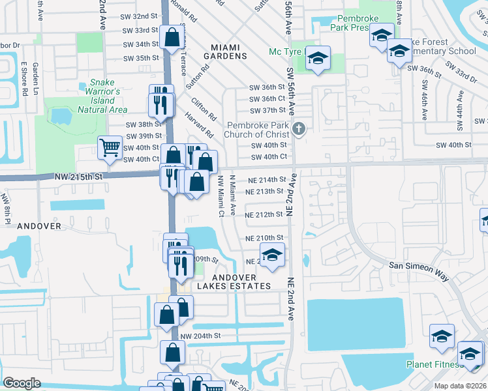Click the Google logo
click(22, 383)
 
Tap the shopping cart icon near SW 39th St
click(110, 148)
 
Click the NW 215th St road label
click(78, 177)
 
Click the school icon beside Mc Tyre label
click(318, 58)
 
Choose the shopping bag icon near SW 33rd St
click(172, 38)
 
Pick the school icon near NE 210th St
click(273, 255)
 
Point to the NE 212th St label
click(265, 214)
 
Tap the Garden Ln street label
click(35, 80)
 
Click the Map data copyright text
click(460, 386)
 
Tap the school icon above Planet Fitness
click(442, 336)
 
